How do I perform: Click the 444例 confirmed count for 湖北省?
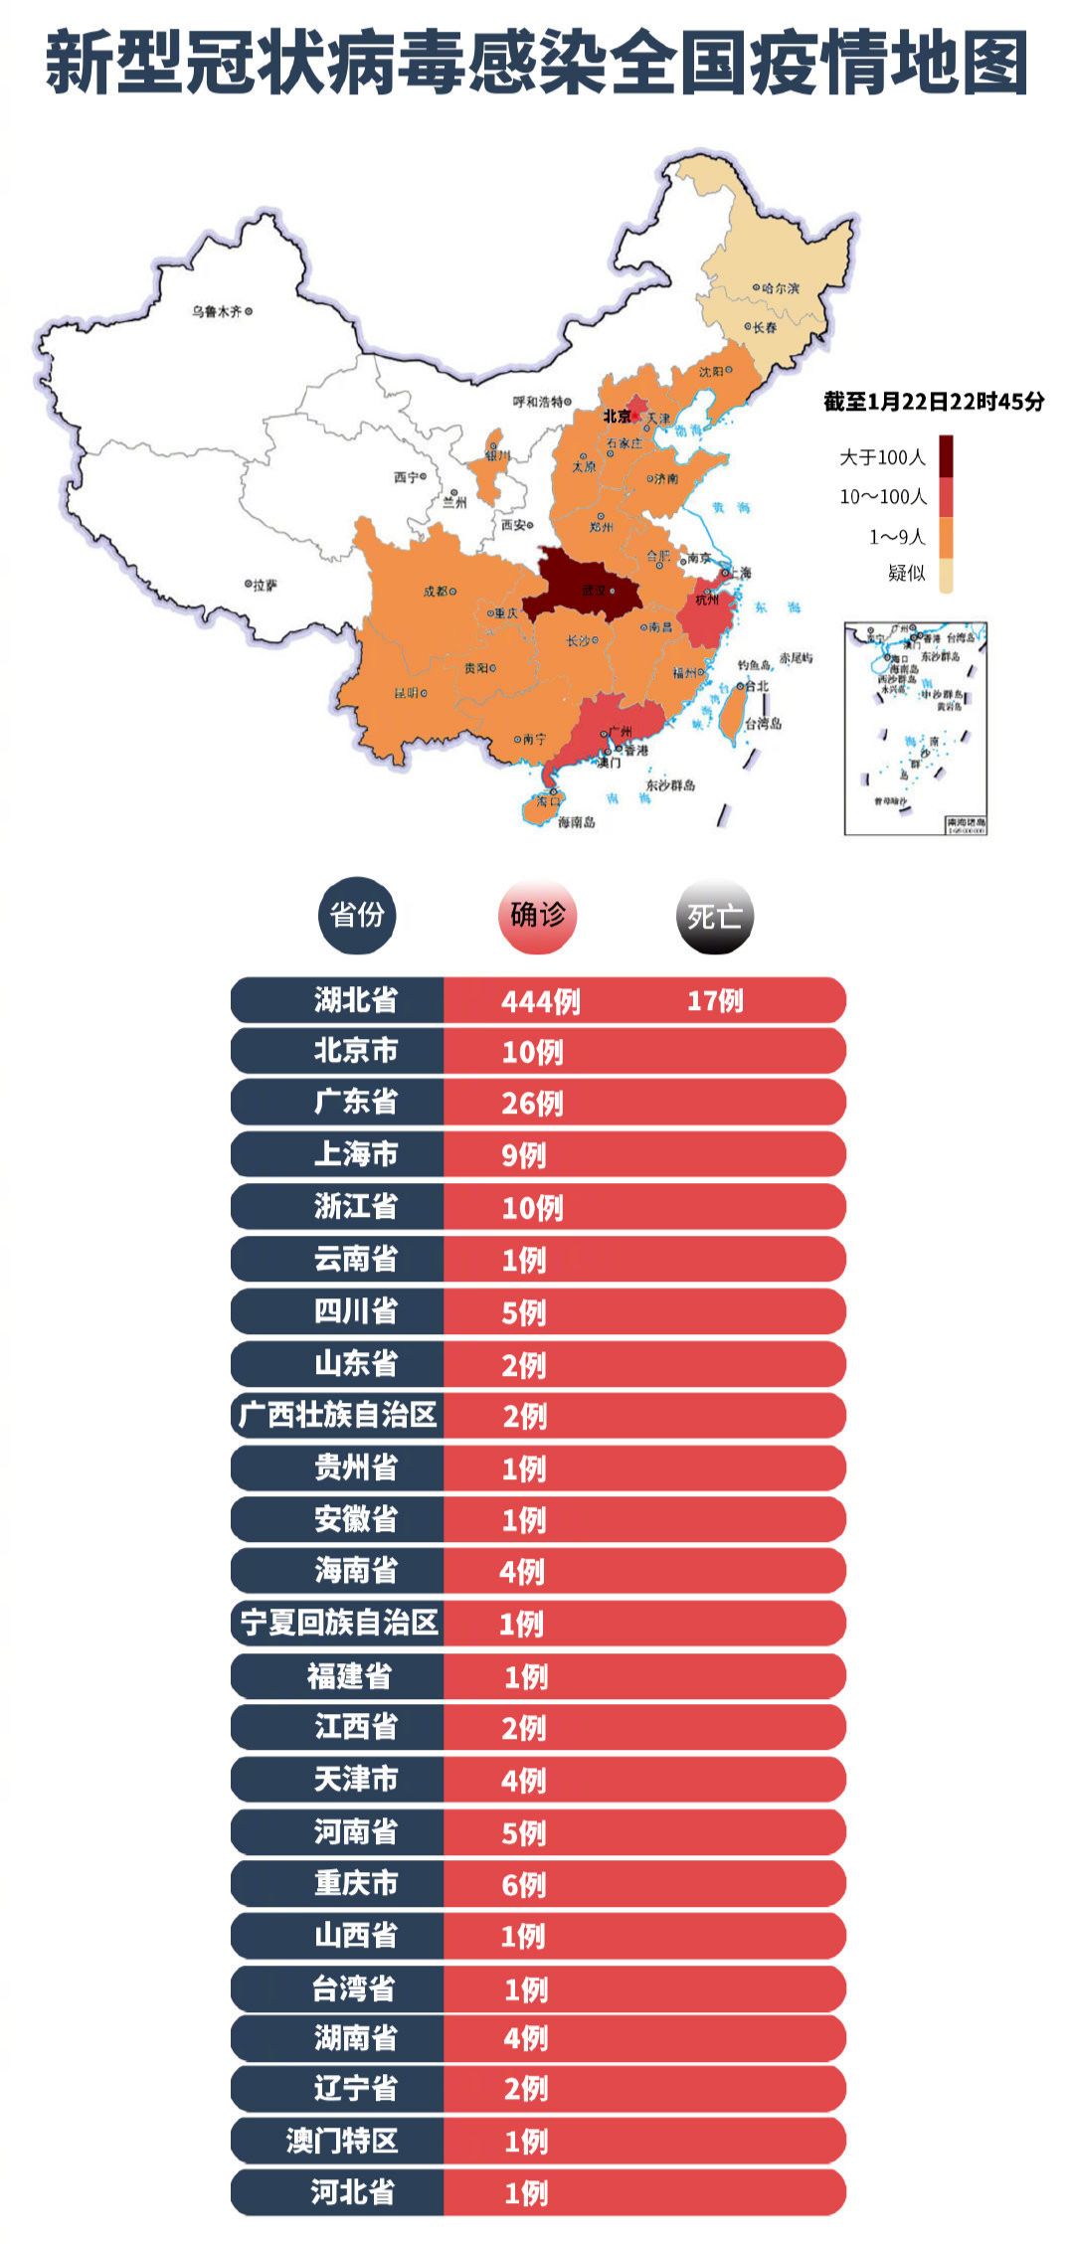[x=540, y=1000]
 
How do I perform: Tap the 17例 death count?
[x=715, y=1000]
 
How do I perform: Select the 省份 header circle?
[x=357, y=915]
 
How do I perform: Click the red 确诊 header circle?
[x=537, y=915]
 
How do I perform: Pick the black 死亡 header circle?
[x=714, y=916]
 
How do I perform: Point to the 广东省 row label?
[x=355, y=1103]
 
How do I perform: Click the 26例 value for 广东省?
[x=532, y=1104]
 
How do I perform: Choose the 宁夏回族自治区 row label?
[x=339, y=1624]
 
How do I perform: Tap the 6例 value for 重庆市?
[x=523, y=1884]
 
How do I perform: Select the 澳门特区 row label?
[x=342, y=2141]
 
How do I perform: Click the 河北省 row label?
[x=352, y=2192]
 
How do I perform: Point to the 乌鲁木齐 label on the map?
[x=217, y=312]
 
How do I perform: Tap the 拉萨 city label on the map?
[x=265, y=586]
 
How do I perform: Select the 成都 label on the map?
[x=436, y=592]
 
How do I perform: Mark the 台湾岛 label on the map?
[x=763, y=724]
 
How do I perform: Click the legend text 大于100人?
[x=882, y=457]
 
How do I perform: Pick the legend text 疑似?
[x=906, y=573]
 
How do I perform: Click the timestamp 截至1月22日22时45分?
[x=934, y=402]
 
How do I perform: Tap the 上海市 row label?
[x=355, y=1154]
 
